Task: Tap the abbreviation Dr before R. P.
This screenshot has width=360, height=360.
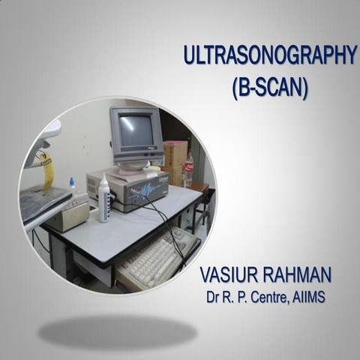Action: tap(215, 297)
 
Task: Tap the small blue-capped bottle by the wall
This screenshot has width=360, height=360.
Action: tap(72, 184)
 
